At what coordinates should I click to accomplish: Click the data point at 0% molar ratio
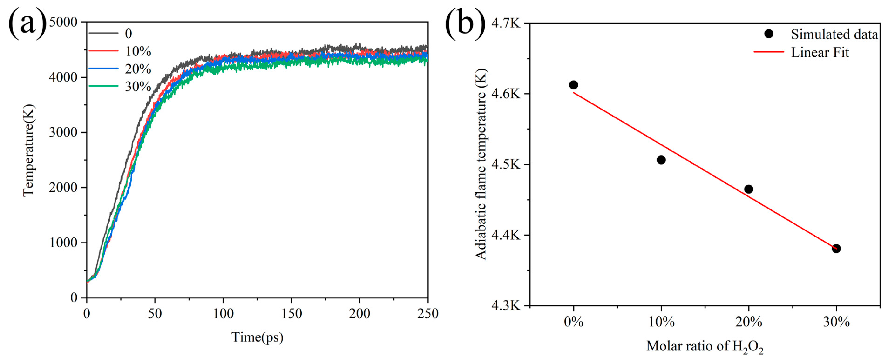573,85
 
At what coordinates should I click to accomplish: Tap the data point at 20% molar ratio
748,189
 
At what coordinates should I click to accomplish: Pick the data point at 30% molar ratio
836,249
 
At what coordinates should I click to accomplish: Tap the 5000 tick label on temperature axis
63,22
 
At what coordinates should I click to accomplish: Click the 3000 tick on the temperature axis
63,132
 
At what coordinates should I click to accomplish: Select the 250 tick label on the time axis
428,313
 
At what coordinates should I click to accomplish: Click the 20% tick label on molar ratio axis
748,322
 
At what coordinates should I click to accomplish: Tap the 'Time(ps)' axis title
257,337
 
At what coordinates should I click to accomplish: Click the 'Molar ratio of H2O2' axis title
705,346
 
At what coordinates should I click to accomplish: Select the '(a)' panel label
27,23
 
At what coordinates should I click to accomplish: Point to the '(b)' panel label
465,23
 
